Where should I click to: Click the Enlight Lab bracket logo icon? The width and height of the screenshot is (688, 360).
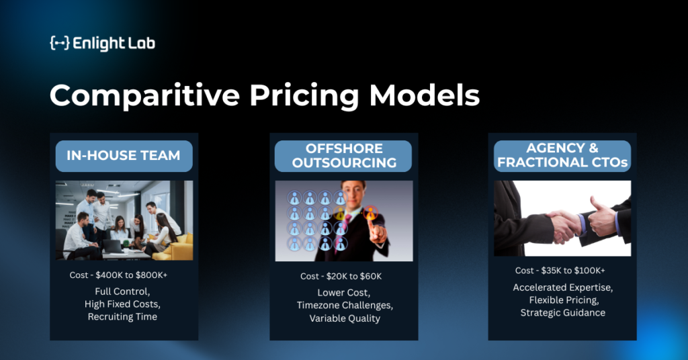pos(60,43)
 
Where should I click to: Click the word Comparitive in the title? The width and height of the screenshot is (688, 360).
pos(145,95)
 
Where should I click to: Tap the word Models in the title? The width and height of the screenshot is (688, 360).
pos(425,95)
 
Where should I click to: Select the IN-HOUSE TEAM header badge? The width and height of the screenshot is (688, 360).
pos(124,156)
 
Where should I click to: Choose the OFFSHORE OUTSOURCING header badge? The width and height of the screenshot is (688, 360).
pos(343,156)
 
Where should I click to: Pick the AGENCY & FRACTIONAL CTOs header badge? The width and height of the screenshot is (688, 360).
pos(562,156)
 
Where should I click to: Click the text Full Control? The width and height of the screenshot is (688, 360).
pos(122,291)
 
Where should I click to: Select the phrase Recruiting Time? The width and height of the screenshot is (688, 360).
pos(122,316)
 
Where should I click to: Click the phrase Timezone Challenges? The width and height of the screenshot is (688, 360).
pos(345,305)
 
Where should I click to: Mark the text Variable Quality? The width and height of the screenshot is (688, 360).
pos(345,318)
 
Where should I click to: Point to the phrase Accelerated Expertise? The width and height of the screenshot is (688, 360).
pos(563,287)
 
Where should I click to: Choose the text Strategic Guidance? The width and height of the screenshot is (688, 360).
pos(563,312)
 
